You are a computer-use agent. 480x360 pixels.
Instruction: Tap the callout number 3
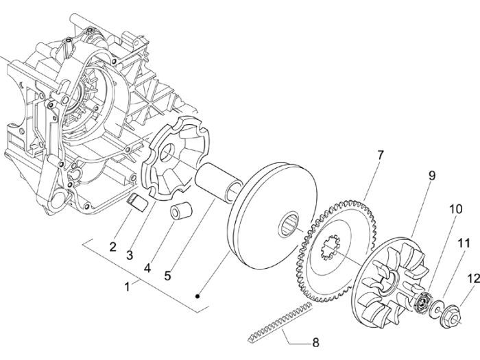click(x=128, y=256)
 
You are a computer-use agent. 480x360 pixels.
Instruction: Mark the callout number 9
click(x=432, y=176)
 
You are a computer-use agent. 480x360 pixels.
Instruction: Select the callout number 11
click(x=464, y=243)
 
